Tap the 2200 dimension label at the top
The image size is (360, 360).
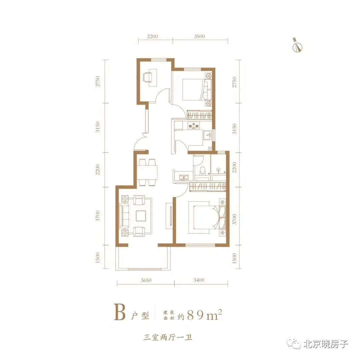(x=153, y=36)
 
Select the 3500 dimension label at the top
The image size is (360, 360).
(x=199, y=36)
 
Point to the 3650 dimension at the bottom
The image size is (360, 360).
(x=146, y=280)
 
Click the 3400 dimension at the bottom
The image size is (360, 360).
(x=199, y=280)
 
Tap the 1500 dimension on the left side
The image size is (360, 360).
(x=98, y=258)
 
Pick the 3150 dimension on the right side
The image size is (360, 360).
(x=234, y=129)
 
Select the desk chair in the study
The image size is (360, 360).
(x=147, y=77)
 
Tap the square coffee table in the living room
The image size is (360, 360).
(x=141, y=216)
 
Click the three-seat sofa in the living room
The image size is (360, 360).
(x=124, y=216)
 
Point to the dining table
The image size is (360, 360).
(x=148, y=172)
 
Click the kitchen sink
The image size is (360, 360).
(x=208, y=135)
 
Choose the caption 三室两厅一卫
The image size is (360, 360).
(x=167, y=337)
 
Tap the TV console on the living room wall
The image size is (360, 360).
(x=169, y=216)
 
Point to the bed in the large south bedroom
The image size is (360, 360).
(x=206, y=217)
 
